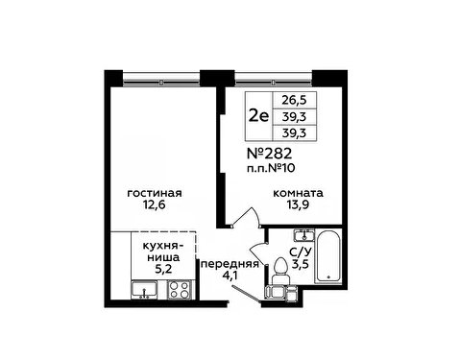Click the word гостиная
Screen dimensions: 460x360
pyautogui.click(x=155, y=193)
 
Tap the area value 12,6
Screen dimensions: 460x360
pyautogui.click(x=155, y=204)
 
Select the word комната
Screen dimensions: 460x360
pyautogui.click(x=298, y=193)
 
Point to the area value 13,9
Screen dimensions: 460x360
pyautogui.click(x=298, y=204)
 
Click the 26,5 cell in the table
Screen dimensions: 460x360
pyautogui.click(x=294, y=100)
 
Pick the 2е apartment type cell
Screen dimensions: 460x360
pyautogui.click(x=258, y=116)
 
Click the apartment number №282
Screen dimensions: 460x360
pyautogui.click(x=270, y=154)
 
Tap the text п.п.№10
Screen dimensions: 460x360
pyautogui.click(x=271, y=168)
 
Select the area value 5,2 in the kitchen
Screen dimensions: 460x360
pyautogui.click(x=163, y=269)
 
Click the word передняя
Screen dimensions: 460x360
pyautogui.click(x=230, y=264)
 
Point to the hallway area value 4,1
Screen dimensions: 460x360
pyautogui.click(x=230, y=276)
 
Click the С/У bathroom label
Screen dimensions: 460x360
pyautogui.click(x=300, y=252)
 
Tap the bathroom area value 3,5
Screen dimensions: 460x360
pyautogui.click(x=300, y=264)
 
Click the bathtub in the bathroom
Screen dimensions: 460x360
pyautogui.click(x=327, y=256)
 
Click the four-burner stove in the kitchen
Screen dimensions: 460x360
pyautogui.click(x=180, y=290)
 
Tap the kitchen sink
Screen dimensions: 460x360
pyautogui.click(x=144, y=290)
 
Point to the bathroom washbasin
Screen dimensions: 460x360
pyautogui.click(x=304, y=235)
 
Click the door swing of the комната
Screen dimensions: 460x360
pyautogui.click(x=247, y=217)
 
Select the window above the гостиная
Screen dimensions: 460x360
pyautogui.click(x=161, y=79)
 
